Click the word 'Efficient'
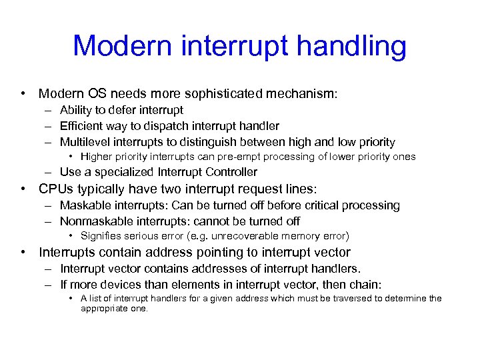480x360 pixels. [x=82, y=126]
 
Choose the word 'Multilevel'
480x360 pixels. [x=85, y=142]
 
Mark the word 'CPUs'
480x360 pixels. [x=55, y=189]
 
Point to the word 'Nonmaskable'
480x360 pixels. [x=93, y=221]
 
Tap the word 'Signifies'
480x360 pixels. [x=100, y=235]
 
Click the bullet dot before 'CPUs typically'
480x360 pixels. [x=23, y=189]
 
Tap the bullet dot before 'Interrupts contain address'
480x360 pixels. [x=23, y=252]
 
